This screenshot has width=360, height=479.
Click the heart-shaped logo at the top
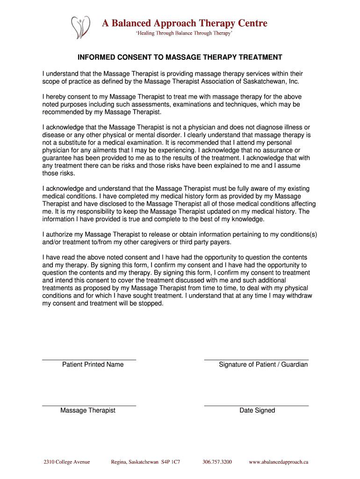pos(79,27)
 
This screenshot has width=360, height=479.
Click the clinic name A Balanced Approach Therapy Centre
pos(185,23)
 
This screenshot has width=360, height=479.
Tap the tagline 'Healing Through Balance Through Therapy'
pos(183,34)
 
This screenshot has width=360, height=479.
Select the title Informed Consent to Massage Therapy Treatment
pos(180,58)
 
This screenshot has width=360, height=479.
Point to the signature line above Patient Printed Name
pos(89,360)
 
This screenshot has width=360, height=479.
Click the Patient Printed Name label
pos(93,364)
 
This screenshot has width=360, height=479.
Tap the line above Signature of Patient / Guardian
pos(256,360)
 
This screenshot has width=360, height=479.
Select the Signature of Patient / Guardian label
pos(263,364)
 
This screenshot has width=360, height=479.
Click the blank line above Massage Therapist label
pos(89,406)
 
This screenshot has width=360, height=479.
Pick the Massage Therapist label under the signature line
pos(88,410)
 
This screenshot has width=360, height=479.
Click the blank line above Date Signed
pos(256,406)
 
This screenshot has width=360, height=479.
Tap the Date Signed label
pos(257,410)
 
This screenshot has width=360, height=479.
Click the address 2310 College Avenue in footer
pos(66,462)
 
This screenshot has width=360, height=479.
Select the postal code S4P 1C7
pos(171,462)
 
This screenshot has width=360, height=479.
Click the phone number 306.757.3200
pos(217,462)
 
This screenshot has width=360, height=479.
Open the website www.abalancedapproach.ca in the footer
pos(278,462)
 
